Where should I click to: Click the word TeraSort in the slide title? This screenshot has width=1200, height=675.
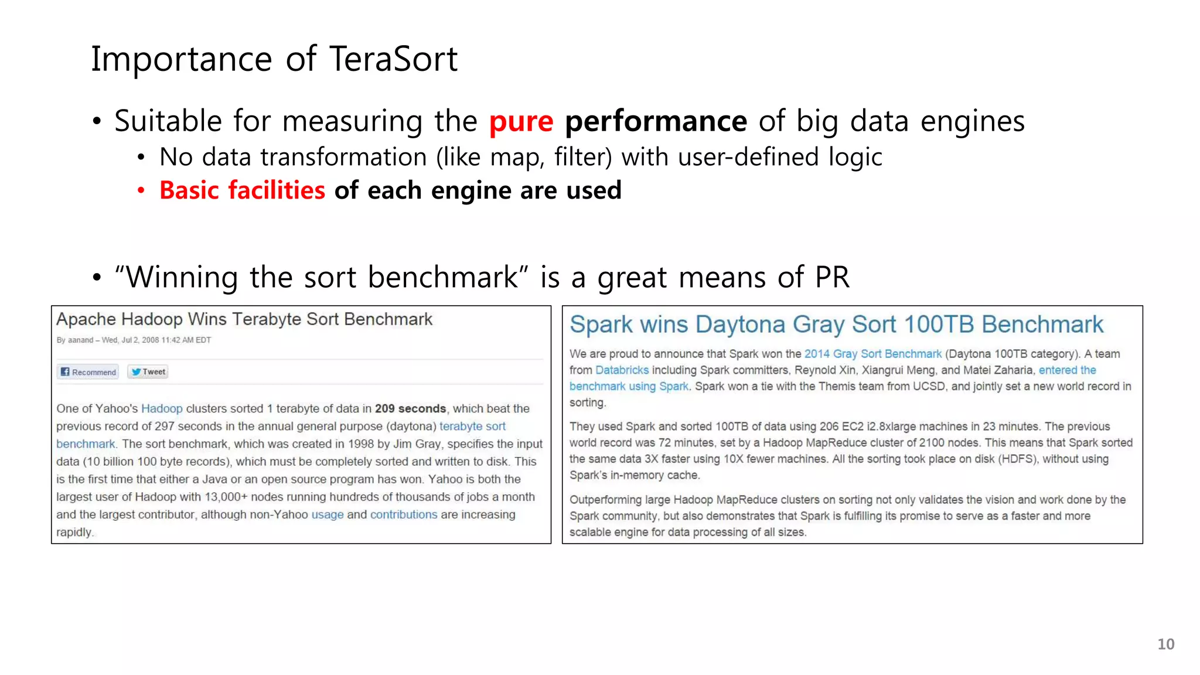click(393, 59)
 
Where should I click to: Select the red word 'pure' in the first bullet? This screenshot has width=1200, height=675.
click(521, 121)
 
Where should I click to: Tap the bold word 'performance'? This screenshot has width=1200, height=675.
click(656, 121)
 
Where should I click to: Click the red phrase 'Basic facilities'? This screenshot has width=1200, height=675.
click(242, 190)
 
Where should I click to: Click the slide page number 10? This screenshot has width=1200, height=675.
click(1165, 644)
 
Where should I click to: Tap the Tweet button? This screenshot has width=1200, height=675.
click(148, 371)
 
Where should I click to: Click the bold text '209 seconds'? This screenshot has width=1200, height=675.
click(410, 408)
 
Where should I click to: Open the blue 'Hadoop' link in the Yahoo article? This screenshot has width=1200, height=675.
click(162, 408)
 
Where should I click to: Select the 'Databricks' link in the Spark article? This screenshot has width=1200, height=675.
click(622, 370)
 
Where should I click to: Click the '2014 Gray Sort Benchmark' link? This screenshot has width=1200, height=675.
click(872, 353)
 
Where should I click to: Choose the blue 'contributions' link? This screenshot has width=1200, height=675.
click(404, 514)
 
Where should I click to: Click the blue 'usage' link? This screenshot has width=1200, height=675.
click(328, 514)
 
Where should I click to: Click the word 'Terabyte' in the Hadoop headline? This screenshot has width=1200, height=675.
click(267, 319)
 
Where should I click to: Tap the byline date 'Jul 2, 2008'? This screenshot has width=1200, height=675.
click(140, 340)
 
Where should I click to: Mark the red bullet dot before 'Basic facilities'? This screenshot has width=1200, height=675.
click(141, 190)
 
